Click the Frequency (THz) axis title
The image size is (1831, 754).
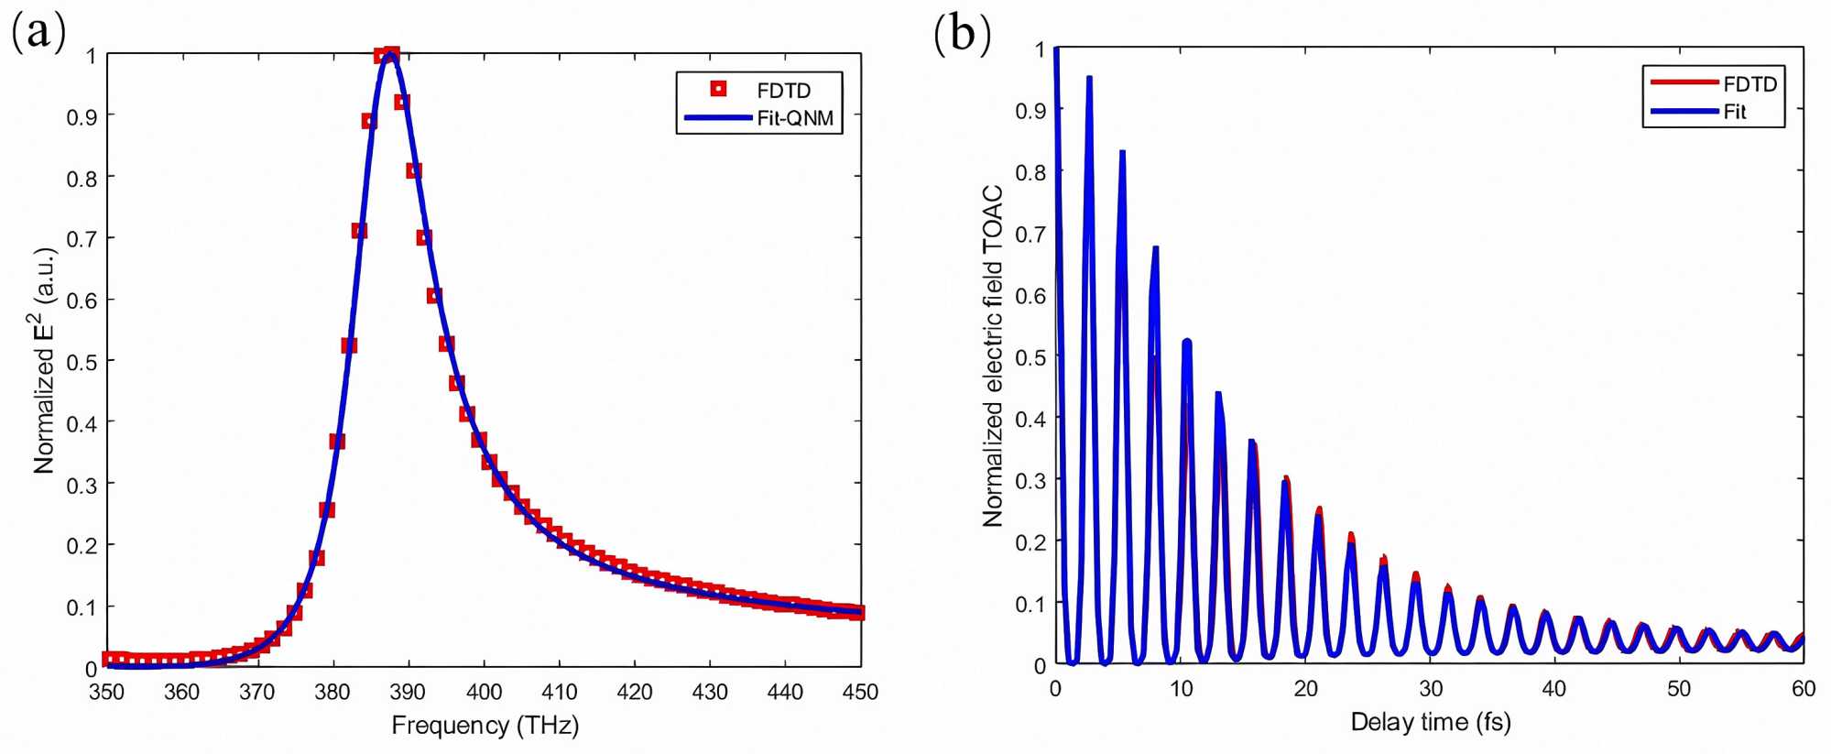click(485, 726)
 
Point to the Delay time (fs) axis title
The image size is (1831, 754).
click(1430, 722)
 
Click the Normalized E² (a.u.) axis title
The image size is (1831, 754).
click(45, 359)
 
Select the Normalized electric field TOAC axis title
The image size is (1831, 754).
click(993, 355)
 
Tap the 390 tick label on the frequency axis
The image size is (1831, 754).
click(408, 692)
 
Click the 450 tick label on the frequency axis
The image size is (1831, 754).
click(859, 692)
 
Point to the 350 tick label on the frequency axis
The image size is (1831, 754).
click(107, 692)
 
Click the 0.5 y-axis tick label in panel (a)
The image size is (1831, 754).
click(82, 362)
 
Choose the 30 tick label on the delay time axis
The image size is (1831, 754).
click(1431, 689)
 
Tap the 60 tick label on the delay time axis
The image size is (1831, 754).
click(1803, 689)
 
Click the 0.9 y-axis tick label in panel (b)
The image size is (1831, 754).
click(1030, 111)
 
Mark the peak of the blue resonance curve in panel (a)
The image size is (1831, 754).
click(391, 55)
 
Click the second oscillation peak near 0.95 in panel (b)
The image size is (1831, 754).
click(1089, 79)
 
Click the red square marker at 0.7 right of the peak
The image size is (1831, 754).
click(423, 237)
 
